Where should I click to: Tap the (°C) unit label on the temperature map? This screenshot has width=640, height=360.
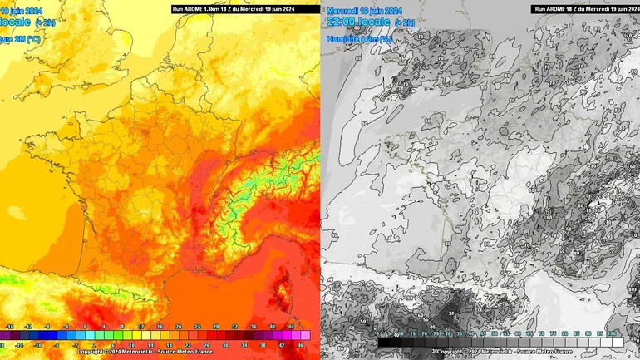(31, 38)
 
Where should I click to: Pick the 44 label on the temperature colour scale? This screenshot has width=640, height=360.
(291, 328)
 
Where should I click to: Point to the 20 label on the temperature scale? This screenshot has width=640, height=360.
(178, 328)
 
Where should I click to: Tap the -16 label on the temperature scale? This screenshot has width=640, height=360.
(10, 328)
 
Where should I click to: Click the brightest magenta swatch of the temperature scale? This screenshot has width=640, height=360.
(305, 335)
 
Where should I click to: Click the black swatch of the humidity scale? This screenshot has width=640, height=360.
(384, 341)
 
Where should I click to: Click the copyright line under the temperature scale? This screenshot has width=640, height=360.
(145, 352)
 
